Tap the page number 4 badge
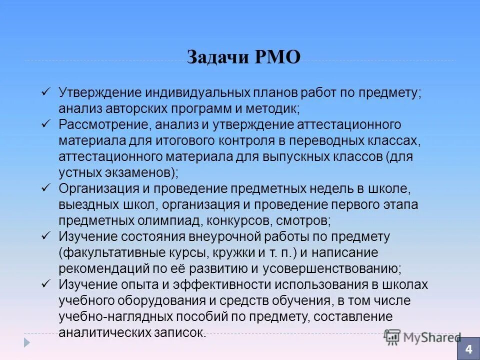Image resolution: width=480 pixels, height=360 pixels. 468,348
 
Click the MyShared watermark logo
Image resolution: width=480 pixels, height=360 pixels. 422,336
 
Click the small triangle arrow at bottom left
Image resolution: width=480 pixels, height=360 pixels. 27,342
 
